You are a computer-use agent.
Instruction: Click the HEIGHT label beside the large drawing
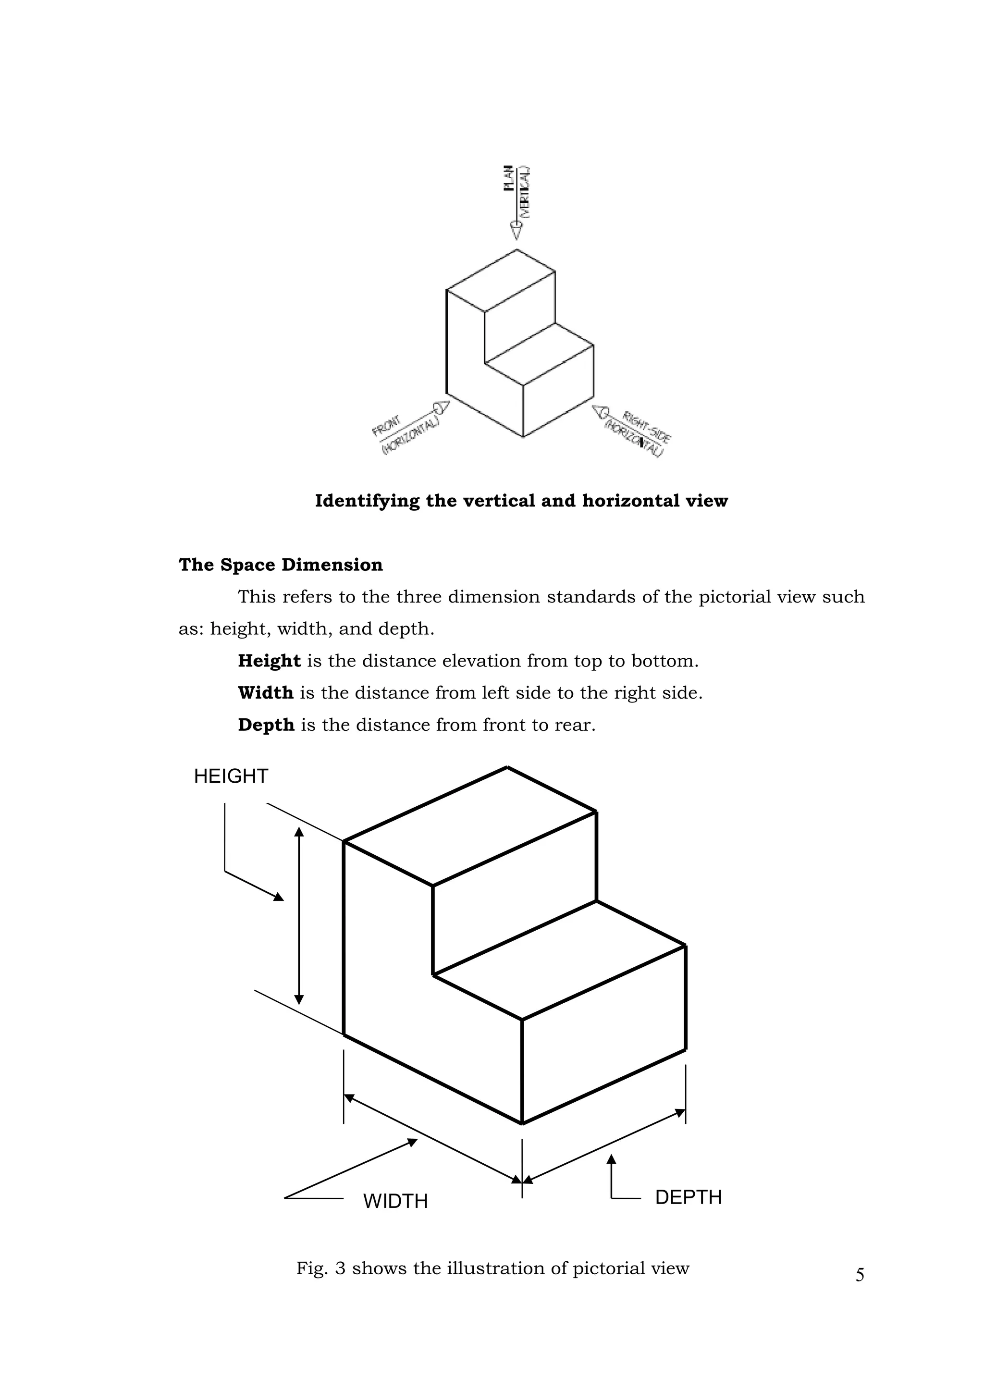[231, 776]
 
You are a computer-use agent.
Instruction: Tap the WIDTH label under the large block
[395, 1201]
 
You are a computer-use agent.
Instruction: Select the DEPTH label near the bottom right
[689, 1197]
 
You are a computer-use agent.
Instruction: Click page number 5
[860, 1275]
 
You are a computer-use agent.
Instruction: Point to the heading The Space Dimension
[281, 565]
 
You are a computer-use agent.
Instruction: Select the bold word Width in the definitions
[265, 692]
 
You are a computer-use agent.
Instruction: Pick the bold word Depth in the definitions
[266, 725]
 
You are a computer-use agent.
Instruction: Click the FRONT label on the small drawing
[386, 426]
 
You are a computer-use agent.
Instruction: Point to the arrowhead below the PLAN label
[516, 231]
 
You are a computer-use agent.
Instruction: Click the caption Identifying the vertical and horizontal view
[521, 501]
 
